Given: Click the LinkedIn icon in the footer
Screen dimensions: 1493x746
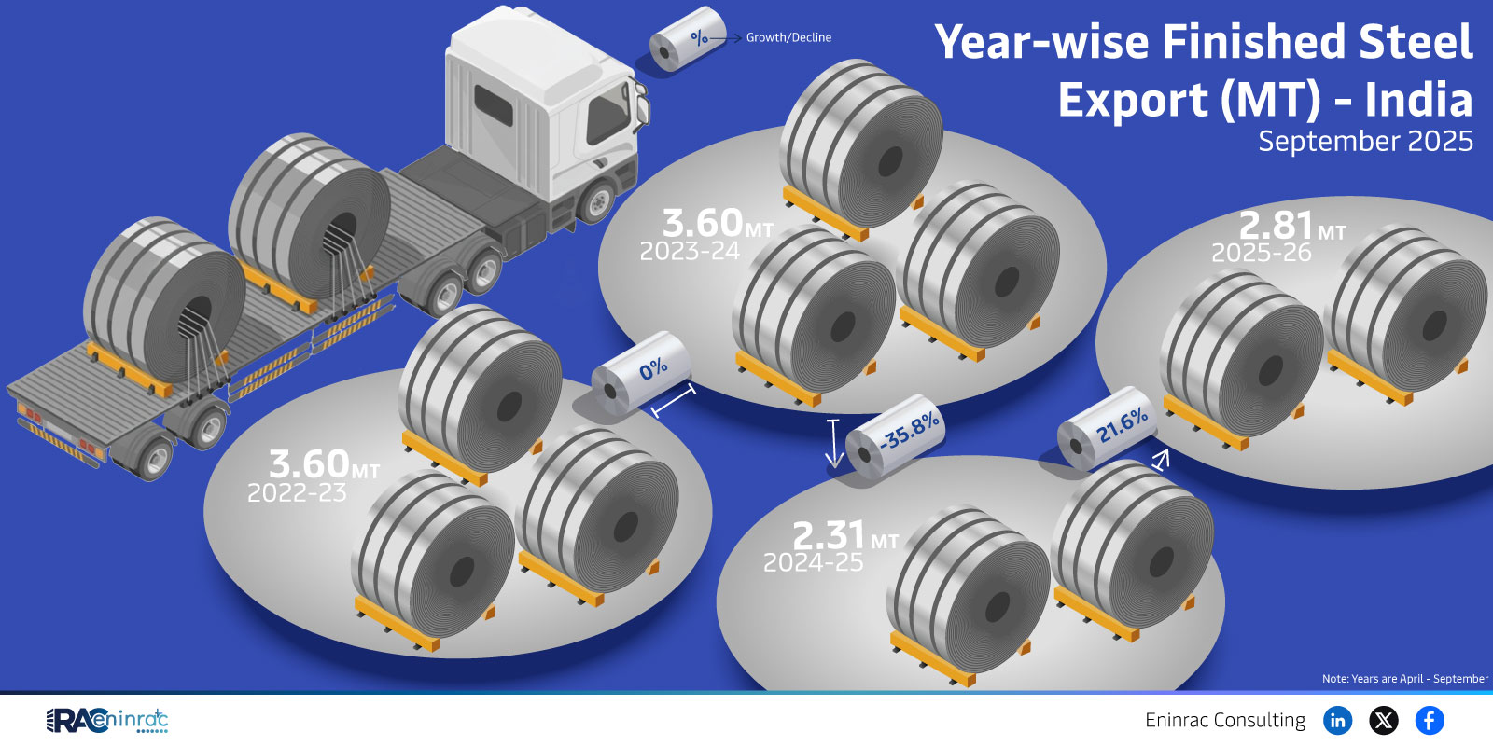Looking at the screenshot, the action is (x=1338, y=720).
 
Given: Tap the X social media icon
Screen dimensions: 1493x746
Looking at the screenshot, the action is (x=1384, y=720).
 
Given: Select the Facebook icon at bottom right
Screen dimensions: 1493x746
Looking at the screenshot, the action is (x=1430, y=720).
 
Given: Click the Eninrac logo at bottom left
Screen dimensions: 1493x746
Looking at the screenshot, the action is (x=106, y=720).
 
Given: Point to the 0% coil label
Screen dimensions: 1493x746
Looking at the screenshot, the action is (x=653, y=367).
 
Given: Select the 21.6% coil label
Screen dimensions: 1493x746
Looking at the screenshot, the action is (x=1123, y=425).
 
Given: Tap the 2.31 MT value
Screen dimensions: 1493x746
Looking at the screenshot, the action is (x=845, y=535).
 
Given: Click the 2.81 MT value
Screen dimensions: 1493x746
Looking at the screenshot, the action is (x=1291, y=226).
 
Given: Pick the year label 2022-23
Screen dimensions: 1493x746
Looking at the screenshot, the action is (x=298, y=493).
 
